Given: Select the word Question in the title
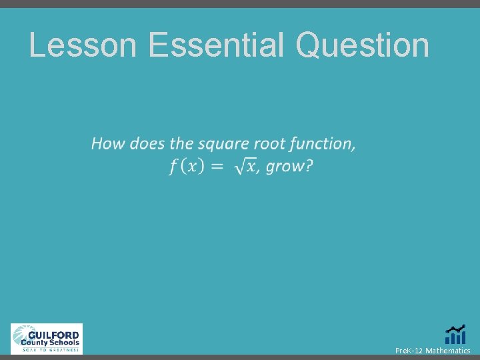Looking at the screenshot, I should [x=363, y=45].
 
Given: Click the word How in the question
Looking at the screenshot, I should [x=108, y=143].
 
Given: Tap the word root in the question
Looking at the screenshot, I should [x=274, y=143].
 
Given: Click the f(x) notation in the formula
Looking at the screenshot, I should [x=186, y=166].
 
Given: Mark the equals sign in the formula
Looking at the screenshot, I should [x=217, y=167].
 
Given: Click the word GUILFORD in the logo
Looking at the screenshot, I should [x=55, y=335].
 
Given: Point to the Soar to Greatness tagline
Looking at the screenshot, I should [x=50, y=349].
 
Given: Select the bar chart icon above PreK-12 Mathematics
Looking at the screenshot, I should [x=455, y=335].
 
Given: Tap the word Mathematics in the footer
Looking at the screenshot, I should [x=447, y=351].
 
